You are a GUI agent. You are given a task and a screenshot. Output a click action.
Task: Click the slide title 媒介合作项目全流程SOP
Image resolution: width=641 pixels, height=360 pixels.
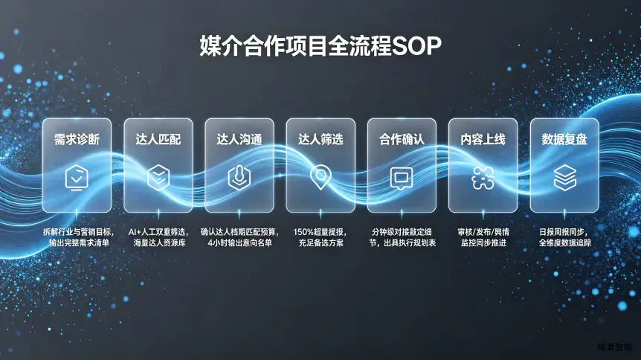pos(320,46)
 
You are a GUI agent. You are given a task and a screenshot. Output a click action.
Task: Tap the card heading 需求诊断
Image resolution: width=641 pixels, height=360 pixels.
pos(77,140)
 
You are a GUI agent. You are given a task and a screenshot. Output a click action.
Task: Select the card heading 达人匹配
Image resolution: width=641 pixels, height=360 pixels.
pos(158,140)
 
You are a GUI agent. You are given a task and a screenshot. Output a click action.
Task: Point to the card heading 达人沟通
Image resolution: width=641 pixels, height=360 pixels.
pos(239,140)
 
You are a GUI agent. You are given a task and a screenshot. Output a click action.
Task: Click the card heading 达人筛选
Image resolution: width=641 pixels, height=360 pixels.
pos(320,140)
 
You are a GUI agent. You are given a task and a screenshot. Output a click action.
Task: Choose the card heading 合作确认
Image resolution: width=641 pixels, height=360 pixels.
pos(402,140)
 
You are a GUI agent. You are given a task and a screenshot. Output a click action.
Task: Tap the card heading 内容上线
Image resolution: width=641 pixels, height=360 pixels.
pos(483,140)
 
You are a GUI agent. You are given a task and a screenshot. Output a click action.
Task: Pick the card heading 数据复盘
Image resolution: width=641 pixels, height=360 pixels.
pos(564,140)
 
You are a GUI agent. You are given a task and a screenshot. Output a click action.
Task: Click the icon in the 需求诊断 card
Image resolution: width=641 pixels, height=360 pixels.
pos(77,178)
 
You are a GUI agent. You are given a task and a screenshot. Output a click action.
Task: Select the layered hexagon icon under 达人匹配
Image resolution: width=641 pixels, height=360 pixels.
pos(158,178)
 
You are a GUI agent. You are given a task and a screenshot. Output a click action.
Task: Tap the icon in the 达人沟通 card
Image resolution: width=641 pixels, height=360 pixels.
pos(239,178)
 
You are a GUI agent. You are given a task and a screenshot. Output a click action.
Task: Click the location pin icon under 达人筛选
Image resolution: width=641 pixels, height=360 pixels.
pos(320,177)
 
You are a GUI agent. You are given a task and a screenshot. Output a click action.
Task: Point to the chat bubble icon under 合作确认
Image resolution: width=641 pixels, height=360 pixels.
pos(402,178)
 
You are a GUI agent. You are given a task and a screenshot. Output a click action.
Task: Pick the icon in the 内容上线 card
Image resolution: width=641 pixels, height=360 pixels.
pos(483,178)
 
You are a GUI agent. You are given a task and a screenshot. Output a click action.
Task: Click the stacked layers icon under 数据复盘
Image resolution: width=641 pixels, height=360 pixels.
pos(564,178)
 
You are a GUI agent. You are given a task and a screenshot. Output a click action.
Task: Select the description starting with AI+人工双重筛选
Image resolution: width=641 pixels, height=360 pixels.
pos(158,237)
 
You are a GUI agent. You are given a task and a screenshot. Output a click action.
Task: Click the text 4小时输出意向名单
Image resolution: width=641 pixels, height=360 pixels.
pos(239,243)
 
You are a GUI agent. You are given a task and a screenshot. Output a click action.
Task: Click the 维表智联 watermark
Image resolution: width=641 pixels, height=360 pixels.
pos(614,347)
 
